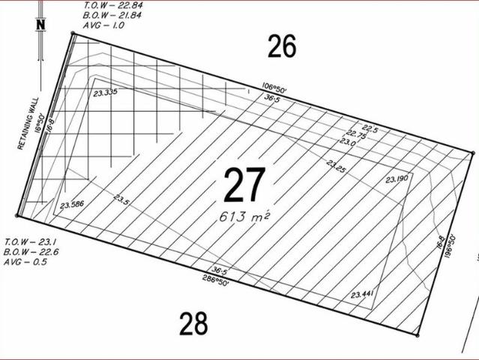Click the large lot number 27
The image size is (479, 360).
coord(244,185)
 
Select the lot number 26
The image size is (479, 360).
coord(282,46)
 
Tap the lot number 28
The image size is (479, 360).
coord(193,324)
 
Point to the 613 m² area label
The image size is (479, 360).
coord(244,217)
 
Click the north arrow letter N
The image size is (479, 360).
coord(40,25)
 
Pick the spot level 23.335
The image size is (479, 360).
coord(106,92)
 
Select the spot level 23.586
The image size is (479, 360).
coord(72,205)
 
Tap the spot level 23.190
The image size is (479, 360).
coord(397,178)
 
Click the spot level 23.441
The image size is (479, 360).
coord(362,295)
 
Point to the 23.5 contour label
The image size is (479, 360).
coord(121,199)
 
